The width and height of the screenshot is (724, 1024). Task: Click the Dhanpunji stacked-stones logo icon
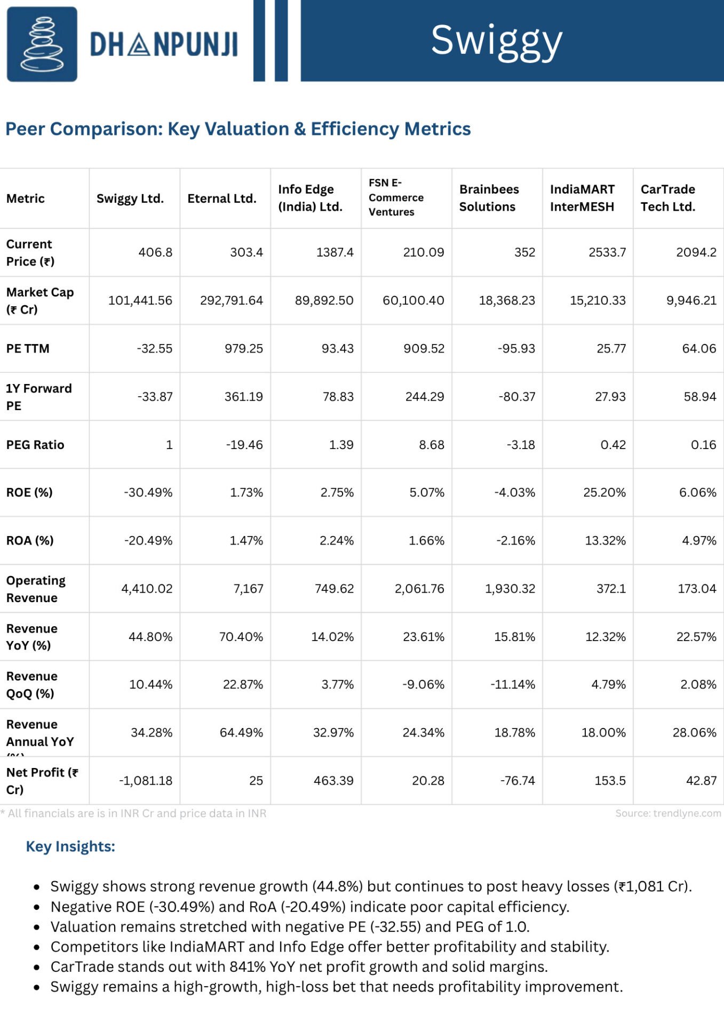point(42,44)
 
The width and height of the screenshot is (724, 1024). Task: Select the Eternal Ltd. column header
point(222,198)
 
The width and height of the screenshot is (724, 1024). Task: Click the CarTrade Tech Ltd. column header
point(668,198)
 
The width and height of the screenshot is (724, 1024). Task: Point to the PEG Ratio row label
point(35,445)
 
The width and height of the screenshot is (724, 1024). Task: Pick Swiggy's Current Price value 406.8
point(155,252)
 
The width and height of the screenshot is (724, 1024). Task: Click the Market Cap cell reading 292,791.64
point(232,300)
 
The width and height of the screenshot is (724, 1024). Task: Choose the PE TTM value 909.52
point(424,348)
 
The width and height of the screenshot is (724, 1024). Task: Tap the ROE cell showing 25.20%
point(604,492)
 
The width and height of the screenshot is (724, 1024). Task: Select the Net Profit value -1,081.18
point(146,781)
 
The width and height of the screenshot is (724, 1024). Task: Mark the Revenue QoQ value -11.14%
point(513,684)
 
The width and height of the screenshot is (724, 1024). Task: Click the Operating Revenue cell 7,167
point(249,589)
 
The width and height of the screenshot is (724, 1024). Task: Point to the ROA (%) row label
point(30,540)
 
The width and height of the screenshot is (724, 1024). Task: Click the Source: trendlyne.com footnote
point(668,813)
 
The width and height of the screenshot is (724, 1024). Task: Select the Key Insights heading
point(70,846)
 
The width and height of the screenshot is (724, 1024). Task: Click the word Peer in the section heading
point(25,129)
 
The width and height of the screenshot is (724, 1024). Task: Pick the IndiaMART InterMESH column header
point(582,198)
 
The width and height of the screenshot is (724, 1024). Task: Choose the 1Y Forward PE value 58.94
point(700,397)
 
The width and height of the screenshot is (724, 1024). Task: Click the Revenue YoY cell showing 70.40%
point(241,637)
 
